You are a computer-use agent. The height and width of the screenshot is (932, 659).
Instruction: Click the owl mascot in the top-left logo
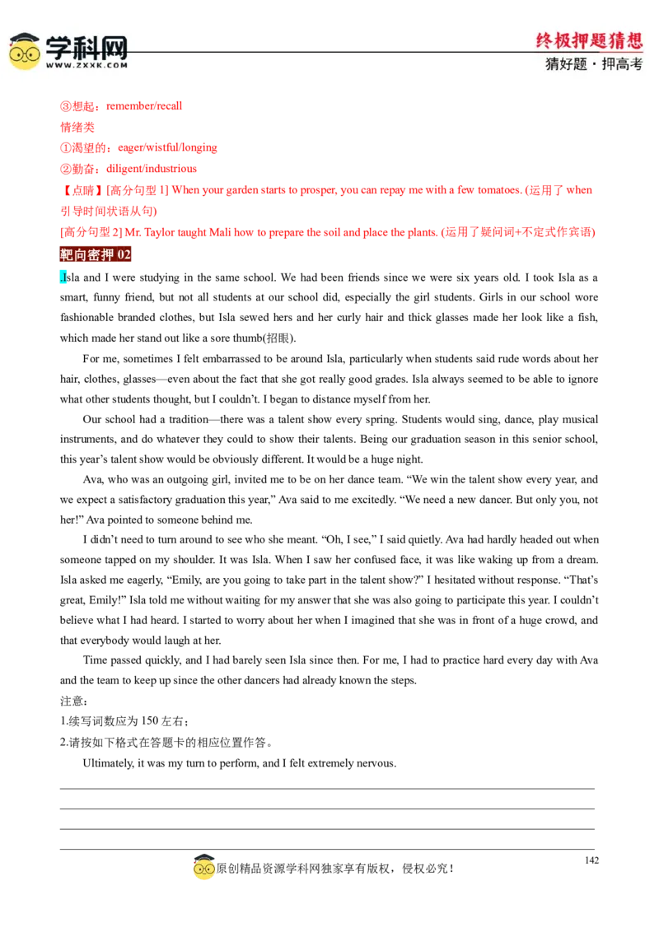pyautogui.click(x=25, y=51)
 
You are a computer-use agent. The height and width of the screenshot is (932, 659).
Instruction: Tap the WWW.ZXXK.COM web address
pyautogui.click(x=86, y=65)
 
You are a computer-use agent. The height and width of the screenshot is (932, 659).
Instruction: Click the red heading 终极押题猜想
pyautogui.click(x=589, y=40)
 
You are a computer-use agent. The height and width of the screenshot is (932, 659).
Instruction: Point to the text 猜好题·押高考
pyautogui.click(x=594, y=63)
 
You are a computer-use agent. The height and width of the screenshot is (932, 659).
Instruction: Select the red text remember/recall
pyautogui.click(x=144, y=106)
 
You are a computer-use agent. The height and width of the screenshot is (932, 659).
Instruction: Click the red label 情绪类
pyautogui.click(x=77, y=127)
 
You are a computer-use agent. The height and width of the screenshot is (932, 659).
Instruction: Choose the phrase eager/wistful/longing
pyautogui.click(x=167, y=147)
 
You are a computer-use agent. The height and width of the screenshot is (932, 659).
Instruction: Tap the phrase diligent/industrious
pyautogui.click(x=151, y=169)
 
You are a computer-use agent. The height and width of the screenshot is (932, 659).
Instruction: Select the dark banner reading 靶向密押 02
pyautogui.click(x=96, y=254)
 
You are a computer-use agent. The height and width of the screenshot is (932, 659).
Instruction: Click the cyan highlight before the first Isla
pyautogui.click(x=62, y=277)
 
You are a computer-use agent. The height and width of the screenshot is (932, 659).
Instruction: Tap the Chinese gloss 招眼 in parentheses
pyautogui.click(x=278, y=338)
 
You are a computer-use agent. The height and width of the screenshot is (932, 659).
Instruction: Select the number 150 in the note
pyautogui.click(x=150, y=721)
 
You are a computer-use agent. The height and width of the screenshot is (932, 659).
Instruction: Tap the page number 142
pyautogui.click(x=591, y=860)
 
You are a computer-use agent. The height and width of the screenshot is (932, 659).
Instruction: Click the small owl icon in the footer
pyautogui.click(x=203, y=867)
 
